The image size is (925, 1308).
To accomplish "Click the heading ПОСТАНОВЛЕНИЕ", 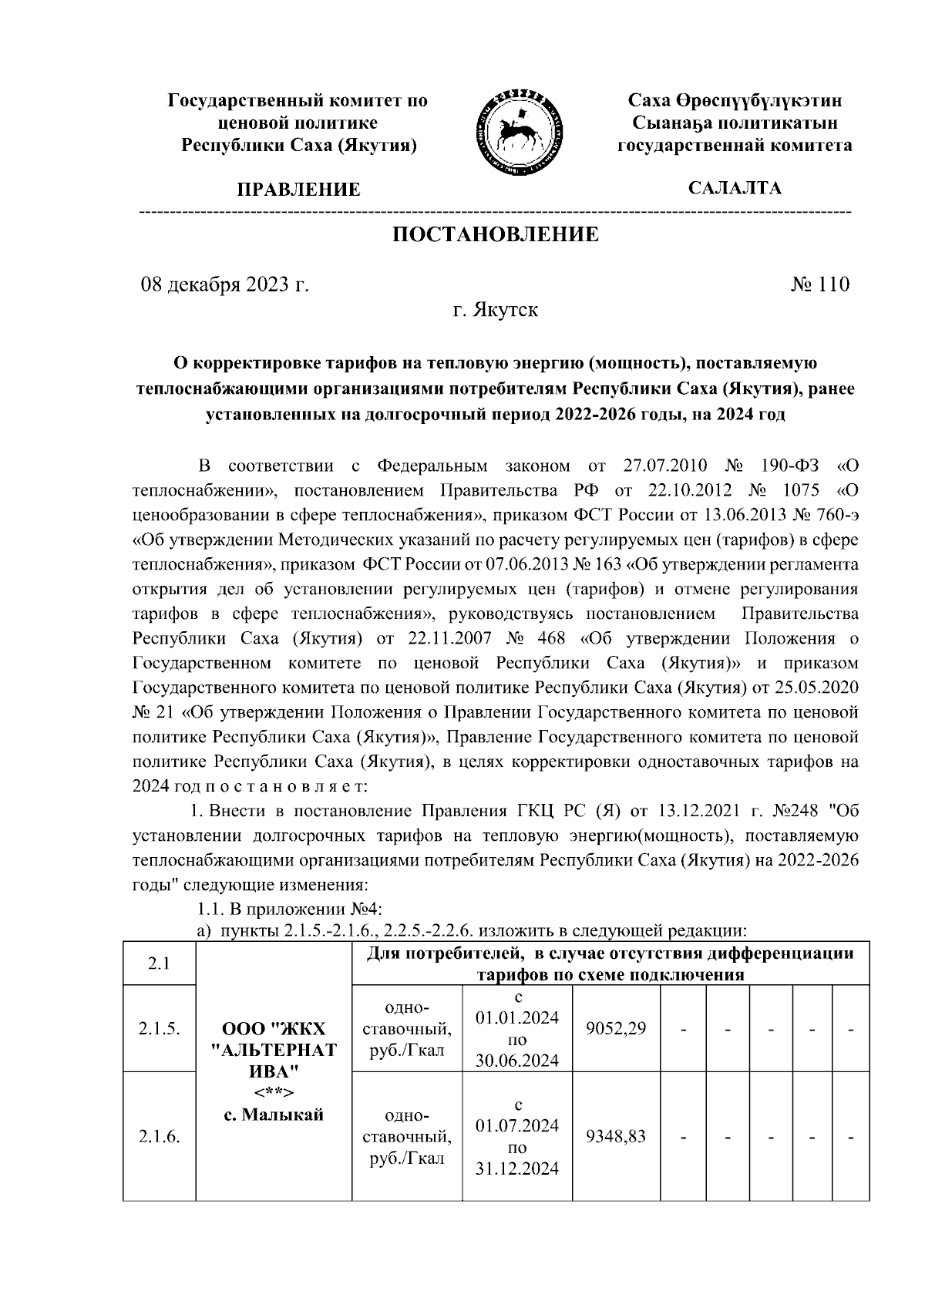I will pyautogui.click(x=495, y=234).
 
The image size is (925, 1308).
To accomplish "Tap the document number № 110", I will pyautogui.click(x=819, y=284).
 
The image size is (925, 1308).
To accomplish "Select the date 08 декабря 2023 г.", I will pyautogui.click(x=224, y=285).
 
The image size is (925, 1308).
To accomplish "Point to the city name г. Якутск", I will pyautogui.click(x=495, y=311).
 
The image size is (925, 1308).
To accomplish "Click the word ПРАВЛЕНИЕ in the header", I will pyautogui.click(x=298, y=190).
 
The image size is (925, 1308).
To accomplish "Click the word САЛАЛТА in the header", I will pyautogui.click(x=735, y=188).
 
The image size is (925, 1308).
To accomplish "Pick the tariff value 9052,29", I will pyautogui.click(x=616, y=1028).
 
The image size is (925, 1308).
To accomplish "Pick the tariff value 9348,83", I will pyautogui.click(x=616, y=1136).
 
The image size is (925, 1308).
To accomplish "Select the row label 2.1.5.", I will pyautogui.click(x=160, y=1028).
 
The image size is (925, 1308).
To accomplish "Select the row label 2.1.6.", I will pyautogui.click(x=160, y=1136).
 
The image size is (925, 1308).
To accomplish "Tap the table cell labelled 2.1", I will pyautogui.click(x=160, y=963).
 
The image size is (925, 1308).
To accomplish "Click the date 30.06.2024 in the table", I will pyautogui.click(x=516, y=1061).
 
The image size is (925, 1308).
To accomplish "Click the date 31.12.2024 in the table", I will pyautogui.click(x=516, y=1168).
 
